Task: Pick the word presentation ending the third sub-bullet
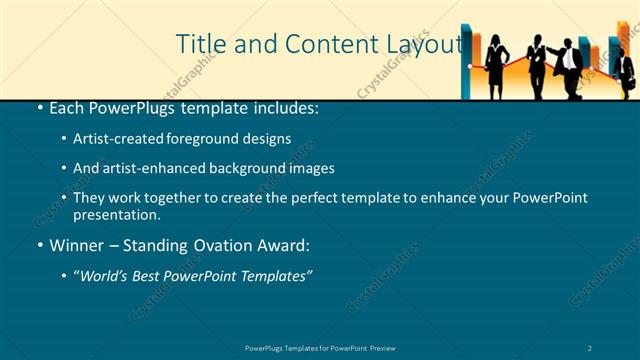[116, 214]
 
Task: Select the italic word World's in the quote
[107, 276]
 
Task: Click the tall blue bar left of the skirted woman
[467, 60]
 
